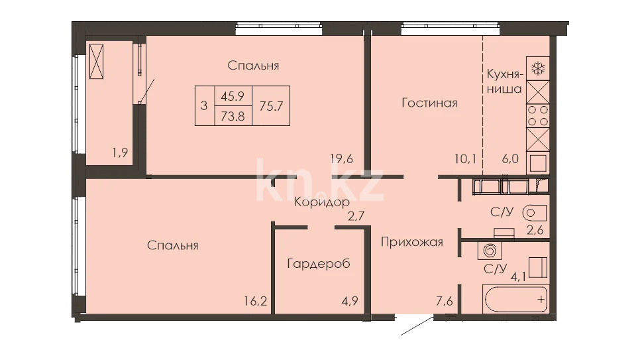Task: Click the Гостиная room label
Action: (x=429, y=103)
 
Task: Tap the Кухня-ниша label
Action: (x=504, y=82)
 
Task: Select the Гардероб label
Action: (x=319, y=264)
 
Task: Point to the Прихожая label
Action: (x=412, y=242)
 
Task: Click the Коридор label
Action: (x=322, y=202)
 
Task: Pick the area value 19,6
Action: (x=342, y=158)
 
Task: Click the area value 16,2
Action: (x=256, y=301)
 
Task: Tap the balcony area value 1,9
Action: (x=121, y=153)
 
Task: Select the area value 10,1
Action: (x=465, y=158)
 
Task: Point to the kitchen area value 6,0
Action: (x=510, y=158)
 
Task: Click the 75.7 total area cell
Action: (x=271, y=106)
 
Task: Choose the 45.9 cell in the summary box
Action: (x=233, y=96)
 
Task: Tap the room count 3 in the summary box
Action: (x=204, y=106)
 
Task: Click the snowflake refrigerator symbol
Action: (x=538, y=68)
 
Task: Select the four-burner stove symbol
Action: (x=538, y=115)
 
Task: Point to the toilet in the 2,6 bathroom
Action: (x=534, y=213)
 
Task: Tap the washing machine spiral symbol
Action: (x=490, y=250)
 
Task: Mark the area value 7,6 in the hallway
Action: (x=444, y=301)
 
